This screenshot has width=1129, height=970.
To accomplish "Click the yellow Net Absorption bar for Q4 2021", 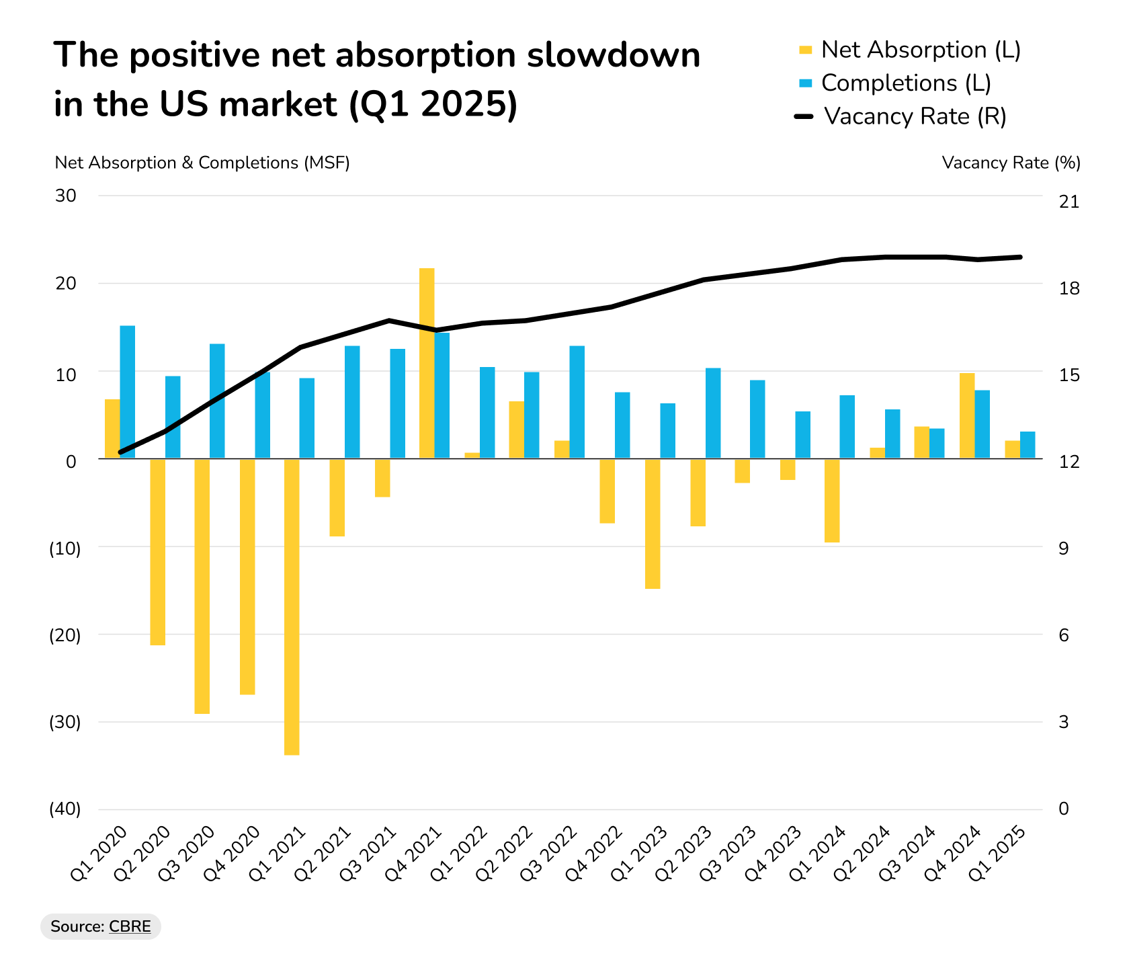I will pos(427,363).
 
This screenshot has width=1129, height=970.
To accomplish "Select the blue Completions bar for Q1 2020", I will pos(128,392).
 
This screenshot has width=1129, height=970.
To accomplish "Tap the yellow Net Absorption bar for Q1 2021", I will pos(292,607).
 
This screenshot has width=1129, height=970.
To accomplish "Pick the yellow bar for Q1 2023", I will pos(653,524).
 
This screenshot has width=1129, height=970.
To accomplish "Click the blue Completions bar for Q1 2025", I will pos(1028,445).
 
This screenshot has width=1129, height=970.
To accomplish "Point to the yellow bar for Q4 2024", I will pos(967,415).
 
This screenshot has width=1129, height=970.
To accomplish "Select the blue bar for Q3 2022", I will pos(577,402).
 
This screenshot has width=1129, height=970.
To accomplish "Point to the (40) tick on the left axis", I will pos(65,809).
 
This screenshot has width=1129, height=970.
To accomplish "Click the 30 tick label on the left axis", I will pos(66,196).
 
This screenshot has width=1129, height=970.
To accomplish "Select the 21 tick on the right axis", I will pos(1069,202).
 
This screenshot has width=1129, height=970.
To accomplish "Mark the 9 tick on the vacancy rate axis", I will pos(1064,549).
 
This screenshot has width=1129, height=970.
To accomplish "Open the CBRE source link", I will pos(130,926).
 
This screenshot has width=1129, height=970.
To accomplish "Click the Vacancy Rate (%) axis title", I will pos(1011,163).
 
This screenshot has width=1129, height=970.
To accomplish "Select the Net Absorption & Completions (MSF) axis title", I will pos(202,163).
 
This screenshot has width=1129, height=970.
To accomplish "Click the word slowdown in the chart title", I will pos(613,55).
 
